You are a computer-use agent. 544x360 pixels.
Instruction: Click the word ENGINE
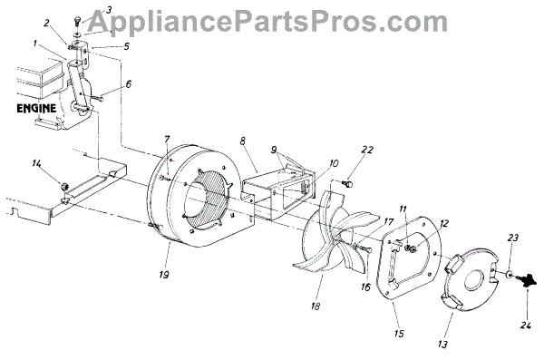pyautogui.click(x=36, y=108)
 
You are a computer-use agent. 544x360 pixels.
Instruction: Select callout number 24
pyautogui.click(x=525, y=326)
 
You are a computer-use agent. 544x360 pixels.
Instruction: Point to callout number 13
pyautogui.click(x=442, y=344)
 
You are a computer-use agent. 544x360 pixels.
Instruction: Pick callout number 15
pyautogui.click(x=399, y=333)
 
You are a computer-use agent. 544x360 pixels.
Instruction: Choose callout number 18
pyautogui.click(x=315, y=306)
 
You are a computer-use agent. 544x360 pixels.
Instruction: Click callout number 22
pyautogui.click(x=367, y=150)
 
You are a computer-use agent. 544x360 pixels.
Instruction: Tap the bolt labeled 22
pyautogui.click(x=347, y=182)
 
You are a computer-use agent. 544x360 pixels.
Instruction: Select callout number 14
pyautogui.click(x=35, y=163)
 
